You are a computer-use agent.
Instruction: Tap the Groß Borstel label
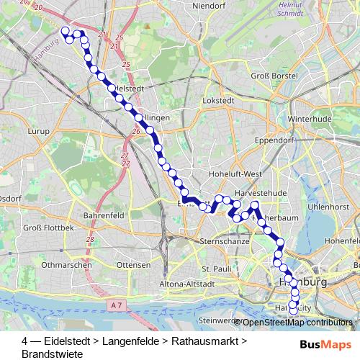click(269, 76)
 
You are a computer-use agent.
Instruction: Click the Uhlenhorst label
click(328, 207)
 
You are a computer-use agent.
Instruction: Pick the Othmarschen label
click(67, 265)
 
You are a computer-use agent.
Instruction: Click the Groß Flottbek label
click(49, 228)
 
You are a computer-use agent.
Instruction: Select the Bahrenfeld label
click(105, 215)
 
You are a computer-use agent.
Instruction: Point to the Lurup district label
click(37, 132)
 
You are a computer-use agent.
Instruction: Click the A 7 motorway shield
click(117, 305)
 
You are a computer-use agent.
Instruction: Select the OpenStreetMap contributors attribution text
click(296, 323)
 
